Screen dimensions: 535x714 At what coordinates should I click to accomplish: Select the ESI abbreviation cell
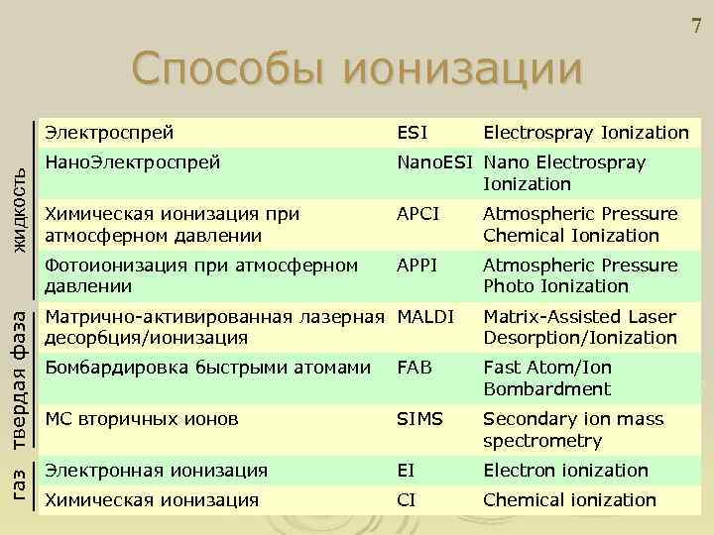click(413, 133)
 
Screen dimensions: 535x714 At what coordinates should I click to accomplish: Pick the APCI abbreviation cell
click(417, 214)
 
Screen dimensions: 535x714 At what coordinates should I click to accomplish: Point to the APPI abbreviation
click(416, 266)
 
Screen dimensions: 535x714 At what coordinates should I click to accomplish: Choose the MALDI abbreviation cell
click(425, 317)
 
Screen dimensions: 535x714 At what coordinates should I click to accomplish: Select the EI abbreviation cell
click(407, 471)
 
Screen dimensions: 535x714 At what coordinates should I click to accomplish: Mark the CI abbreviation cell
click(407, 500)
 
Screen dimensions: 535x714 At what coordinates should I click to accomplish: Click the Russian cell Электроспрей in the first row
click(110, 133)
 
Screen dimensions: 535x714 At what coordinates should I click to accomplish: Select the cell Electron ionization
click(565, 471)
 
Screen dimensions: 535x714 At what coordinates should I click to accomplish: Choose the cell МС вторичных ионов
click(142, 419)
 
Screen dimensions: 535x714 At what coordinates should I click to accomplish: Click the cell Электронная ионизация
click(157, 471)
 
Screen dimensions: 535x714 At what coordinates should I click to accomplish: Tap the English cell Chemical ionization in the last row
click(569, 500)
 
